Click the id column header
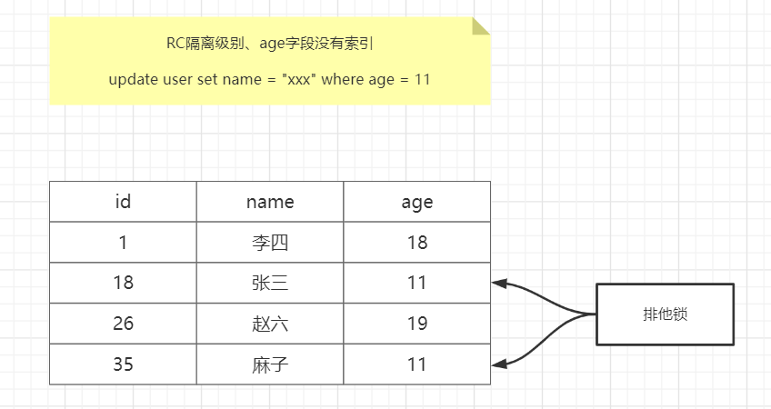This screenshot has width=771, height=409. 123,202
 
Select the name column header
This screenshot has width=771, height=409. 270,202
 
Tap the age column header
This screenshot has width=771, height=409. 417,202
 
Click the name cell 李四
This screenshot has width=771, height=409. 270,243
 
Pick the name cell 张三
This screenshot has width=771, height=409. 270,283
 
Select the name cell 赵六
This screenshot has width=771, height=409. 270,324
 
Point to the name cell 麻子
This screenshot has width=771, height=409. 270,364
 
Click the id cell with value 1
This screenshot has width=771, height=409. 123,243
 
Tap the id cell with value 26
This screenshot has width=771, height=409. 123,324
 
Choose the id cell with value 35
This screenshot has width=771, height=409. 123,364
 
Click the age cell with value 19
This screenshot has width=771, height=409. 417,324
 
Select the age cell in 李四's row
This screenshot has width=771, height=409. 417,243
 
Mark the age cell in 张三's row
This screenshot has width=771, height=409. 417,283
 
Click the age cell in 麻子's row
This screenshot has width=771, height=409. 417,364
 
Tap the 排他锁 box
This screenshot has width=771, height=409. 665,314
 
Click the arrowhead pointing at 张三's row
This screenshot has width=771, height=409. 498,284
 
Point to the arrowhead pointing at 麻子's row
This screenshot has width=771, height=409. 498,364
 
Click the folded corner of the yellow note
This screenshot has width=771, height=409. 481,26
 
